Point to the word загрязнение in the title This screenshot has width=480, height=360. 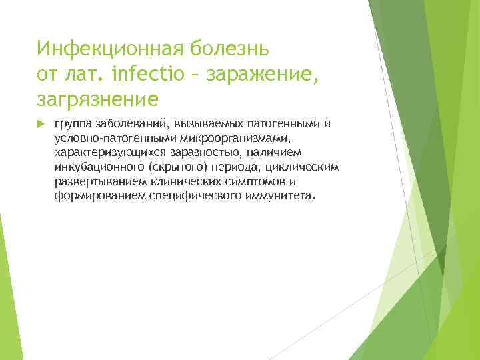(98, 99)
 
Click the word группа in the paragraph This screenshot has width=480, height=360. (74, 124)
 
